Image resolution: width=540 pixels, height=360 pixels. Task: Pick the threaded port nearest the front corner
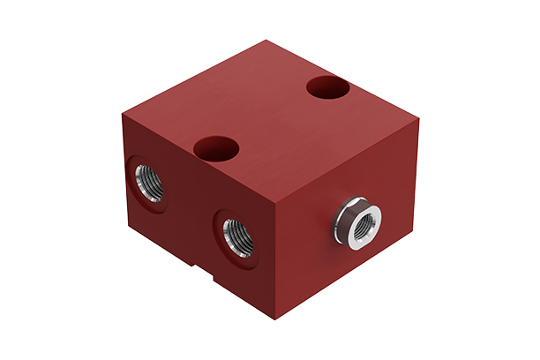coord(236,236)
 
